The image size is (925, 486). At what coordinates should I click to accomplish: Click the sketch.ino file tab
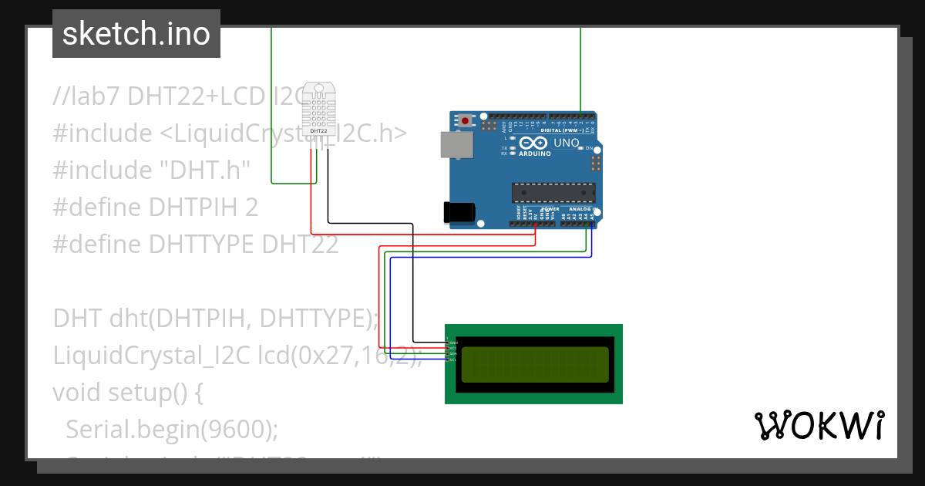tap(136, 34)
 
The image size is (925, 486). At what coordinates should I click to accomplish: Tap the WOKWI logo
tap(819, 425)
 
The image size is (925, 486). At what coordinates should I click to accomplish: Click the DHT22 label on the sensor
tap(318, 131)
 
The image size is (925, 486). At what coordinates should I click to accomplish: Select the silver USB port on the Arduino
tap(455, 145)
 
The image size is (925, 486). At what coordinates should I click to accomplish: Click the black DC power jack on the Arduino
tap(458, 213)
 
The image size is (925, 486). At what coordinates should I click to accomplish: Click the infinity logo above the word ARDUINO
tap(533, 143)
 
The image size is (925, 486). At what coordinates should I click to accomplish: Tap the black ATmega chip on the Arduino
tap(553, 193)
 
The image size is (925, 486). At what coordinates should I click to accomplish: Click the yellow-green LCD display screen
tap(533, 364)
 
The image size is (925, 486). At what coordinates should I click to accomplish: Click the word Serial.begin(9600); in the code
tap(171, 429)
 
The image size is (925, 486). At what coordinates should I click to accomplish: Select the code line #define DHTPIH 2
tap(155, 208)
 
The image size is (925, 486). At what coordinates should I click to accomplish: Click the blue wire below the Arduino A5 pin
tap(591, 243)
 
